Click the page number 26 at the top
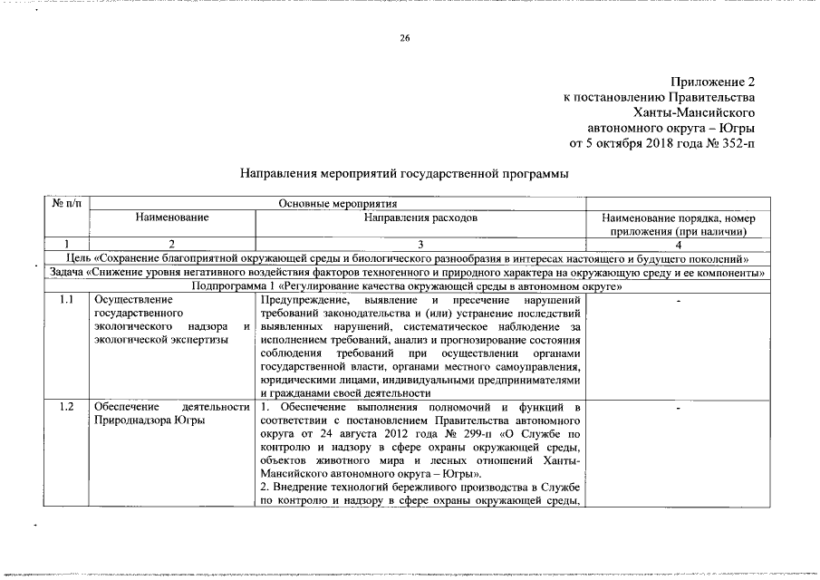(405, 37)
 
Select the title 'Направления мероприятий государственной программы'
(404, 173)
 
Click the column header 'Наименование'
(172, 218)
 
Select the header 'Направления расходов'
(420, 218)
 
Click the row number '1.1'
(66, 300)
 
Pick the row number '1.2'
(66, 407)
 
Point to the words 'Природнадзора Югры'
(149, 420)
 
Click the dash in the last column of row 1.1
(679, 300)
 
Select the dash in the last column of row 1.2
(679, 407)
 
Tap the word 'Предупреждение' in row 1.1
(304, 300)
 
